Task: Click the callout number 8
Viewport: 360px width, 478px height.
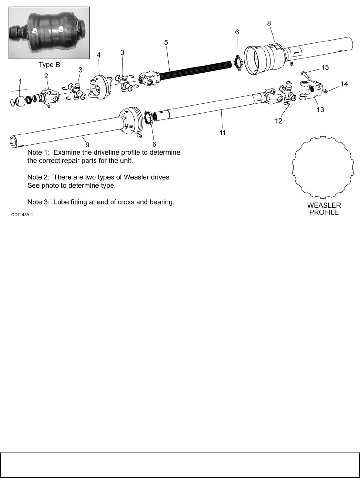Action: coord(269,23)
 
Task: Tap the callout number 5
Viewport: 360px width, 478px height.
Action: coord(166,42)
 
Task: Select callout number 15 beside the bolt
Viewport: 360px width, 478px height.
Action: coord(325,67)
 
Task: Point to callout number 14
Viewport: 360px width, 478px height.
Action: coord(344,84)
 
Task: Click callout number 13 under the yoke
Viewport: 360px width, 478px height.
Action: coord(320,110)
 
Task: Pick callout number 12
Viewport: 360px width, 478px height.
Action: coord(278,121)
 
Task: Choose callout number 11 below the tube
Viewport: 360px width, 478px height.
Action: coord(223,132)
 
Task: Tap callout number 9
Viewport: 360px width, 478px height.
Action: coord(88,145)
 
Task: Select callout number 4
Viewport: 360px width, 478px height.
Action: coord(99,55)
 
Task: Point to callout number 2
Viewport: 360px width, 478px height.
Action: coord(46,75)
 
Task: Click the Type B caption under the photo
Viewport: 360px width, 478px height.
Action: coord(49,65)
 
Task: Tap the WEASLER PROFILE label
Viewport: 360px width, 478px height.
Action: coord(324,209)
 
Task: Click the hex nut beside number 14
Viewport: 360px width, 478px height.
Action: coord(325,91)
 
